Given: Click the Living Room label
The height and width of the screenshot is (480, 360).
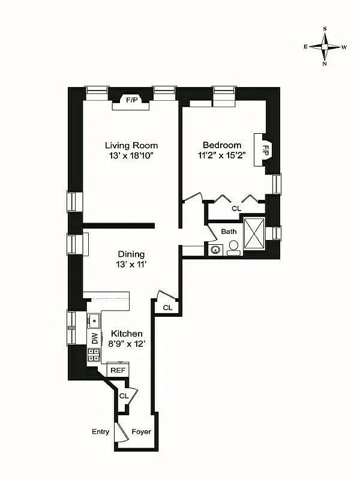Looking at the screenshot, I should (131, 145).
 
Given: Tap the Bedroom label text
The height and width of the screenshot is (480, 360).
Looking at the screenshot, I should (222, 145).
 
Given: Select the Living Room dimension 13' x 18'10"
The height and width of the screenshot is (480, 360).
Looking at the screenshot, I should (131, 157).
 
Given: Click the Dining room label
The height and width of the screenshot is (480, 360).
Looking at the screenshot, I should (131, 254).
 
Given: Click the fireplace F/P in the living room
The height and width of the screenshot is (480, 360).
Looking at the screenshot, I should (131, 100).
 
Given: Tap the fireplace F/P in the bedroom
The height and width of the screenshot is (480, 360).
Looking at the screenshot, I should (265, 149).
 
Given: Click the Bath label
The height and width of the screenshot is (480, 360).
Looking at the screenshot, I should (229, 232).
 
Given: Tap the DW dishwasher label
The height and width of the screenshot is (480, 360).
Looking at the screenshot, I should (94, 338).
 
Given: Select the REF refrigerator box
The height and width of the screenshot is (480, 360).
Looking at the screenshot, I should (118, 370).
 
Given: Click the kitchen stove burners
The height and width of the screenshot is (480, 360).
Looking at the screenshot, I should (94, 355).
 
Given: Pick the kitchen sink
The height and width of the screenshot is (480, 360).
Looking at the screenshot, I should (94, 320).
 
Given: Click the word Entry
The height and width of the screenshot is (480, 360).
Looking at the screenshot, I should (100, 432).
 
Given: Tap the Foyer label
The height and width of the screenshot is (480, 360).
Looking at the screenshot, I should (141, 432).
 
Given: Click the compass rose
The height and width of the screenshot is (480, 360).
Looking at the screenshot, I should (325, 46).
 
